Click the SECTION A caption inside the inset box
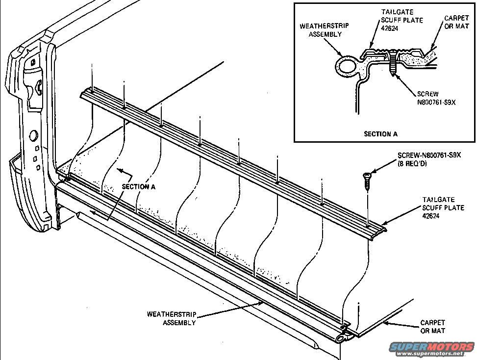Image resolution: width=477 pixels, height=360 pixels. point(381,133)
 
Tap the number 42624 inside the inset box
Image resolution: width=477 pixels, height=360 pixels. point(391,28)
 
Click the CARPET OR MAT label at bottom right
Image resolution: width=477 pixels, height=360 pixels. point(432,327)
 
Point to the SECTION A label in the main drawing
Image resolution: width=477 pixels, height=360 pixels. point(139,187)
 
